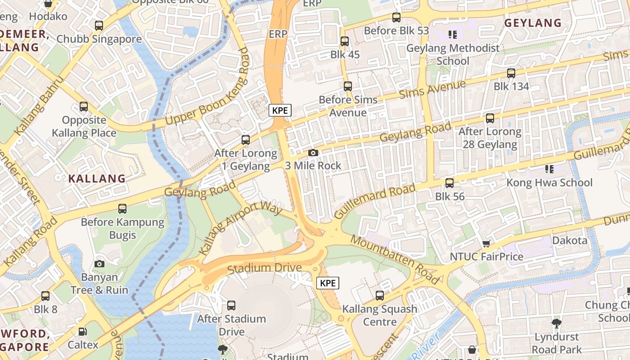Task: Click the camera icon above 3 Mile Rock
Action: (313, 153)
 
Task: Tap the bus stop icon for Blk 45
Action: (345, 41)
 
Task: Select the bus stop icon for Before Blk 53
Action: (396, 18)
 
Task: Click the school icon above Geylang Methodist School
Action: (452, 34)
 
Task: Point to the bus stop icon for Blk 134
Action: (511, 73)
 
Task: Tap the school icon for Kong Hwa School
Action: (549, 169)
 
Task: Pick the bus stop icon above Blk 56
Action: (449, 183)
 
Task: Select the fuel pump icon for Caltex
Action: (83, 332)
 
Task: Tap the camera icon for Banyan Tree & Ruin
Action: (99, 264)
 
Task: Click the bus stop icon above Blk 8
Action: (45, 296)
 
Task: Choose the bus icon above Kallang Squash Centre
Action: (380, 296)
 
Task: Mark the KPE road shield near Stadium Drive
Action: (328, 283)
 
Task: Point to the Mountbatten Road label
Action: (395, 259)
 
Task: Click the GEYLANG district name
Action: (533, 23)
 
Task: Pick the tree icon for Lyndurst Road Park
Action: (557, 323)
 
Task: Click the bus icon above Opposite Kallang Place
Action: (84, 107)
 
